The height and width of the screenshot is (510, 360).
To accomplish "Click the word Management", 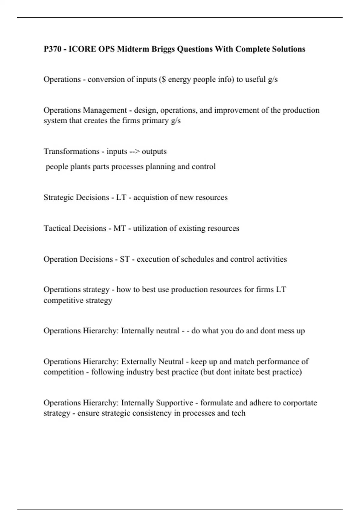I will (x=105, y=110).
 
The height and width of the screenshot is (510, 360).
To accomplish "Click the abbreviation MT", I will (x=120, y=229).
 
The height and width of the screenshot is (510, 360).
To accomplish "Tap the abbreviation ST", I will (x=124, y=259).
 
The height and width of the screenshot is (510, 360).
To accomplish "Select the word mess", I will (x=281, y=331).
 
